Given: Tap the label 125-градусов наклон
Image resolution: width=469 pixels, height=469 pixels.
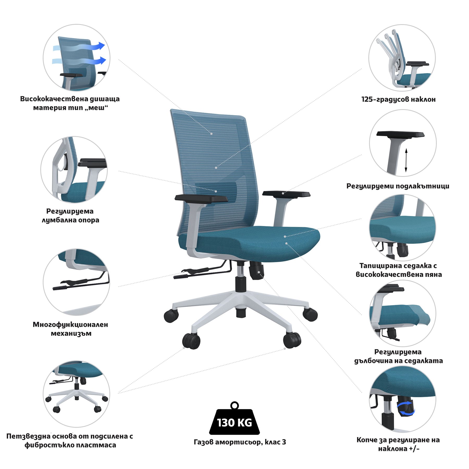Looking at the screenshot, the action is (398, 99).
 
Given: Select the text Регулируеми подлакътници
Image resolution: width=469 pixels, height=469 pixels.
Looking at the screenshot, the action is (398, 186).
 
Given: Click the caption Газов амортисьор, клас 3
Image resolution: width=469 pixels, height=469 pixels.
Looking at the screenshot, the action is (240, 442).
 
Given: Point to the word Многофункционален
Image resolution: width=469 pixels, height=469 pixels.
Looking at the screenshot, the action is (70, 325).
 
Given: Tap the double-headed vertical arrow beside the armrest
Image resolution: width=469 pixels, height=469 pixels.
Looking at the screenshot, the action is (406, 160).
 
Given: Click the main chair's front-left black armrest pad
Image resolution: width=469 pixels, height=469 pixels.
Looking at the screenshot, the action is (201, 198).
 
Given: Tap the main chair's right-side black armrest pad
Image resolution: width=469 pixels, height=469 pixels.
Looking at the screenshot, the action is (286, 194).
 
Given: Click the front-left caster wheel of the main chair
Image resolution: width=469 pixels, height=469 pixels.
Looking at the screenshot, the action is (192, 341).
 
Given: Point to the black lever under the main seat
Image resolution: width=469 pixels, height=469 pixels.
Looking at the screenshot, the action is (201, 272).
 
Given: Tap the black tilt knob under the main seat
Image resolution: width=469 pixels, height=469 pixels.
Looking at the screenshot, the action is (256, 270).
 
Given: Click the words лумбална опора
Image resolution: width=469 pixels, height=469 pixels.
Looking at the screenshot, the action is (71, 220).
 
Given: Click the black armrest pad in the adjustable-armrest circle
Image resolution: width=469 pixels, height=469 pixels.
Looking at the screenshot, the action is (400, 134).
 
